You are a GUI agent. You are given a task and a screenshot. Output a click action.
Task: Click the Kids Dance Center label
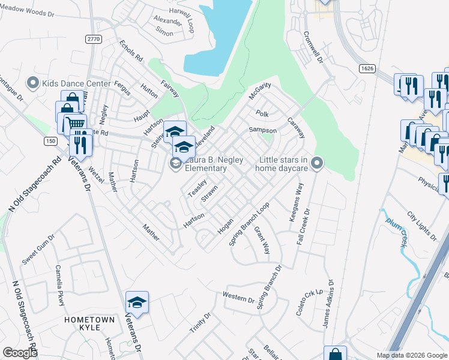click(x=76, y=83)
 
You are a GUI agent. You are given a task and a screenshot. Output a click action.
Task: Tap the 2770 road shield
click(x=94, y=38)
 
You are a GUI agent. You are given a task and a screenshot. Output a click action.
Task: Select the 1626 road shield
click(x=367, y=68)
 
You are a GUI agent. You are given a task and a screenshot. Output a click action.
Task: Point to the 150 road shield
click(x=51, y=140)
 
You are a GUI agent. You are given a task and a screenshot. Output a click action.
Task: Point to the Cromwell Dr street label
click(x=314, y=47)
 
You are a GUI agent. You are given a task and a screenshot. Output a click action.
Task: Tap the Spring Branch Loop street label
click(x=250, y=223)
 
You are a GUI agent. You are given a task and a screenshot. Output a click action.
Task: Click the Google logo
click(x=20, y=353)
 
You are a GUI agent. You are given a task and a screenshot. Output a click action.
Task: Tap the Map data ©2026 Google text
click(x=412, y=355)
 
